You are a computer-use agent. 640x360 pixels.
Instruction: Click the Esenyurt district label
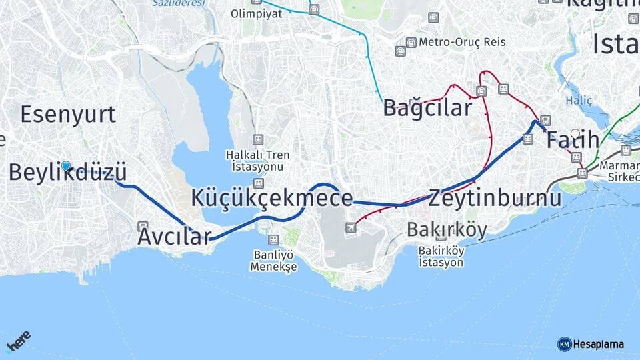point(68,115)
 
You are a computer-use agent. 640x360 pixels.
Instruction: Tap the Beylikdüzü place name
point(67,172)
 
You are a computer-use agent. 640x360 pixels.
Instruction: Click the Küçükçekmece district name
point(271,198)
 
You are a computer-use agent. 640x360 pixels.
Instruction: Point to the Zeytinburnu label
point(495,198)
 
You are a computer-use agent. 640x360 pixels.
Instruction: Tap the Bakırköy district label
point(447,230)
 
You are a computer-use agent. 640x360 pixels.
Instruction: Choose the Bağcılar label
point(427,108)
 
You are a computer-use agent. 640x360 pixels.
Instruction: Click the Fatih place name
point(573,141)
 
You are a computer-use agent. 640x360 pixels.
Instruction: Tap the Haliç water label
point(574,101)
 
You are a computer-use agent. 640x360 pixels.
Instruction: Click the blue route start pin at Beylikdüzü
point(65,166)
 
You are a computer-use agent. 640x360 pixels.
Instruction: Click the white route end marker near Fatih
point(575,133)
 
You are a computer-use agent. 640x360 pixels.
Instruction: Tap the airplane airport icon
point(351,228)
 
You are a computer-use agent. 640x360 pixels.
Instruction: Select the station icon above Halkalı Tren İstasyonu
point(258,140)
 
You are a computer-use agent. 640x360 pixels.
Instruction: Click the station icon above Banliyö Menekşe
point(273,239)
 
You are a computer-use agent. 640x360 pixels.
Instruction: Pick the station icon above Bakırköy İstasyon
point(441,235)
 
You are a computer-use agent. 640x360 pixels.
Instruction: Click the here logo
point(18,341)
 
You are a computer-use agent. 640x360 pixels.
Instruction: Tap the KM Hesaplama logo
point(591,344)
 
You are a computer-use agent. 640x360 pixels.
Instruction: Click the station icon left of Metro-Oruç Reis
point(411,42)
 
